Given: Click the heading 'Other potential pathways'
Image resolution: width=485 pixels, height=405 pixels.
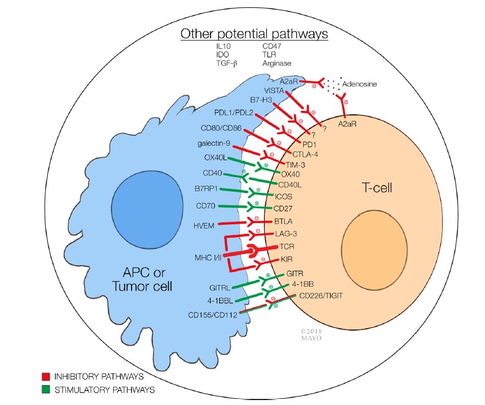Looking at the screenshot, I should (254, 33).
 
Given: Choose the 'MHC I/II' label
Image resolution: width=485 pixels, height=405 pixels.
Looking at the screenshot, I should (206, 254).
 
